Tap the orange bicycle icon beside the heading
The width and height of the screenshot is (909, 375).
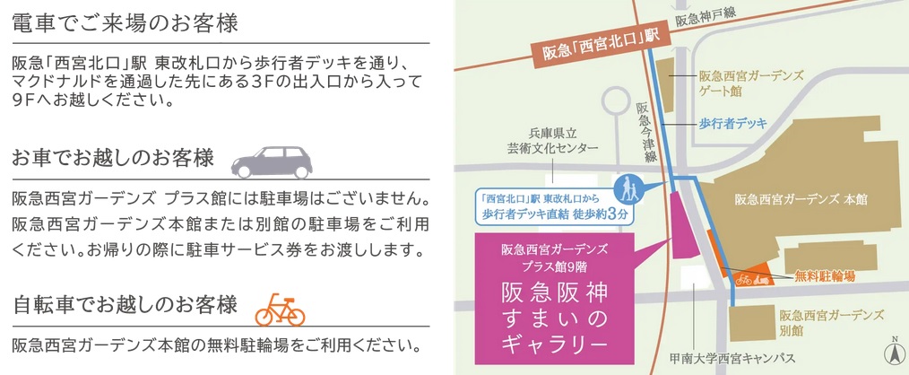click(279, 308)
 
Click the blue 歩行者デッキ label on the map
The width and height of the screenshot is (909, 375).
click(732, 124)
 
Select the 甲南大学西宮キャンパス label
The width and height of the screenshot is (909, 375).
click(732, 358)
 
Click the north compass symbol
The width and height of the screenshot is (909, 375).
click(893, 353)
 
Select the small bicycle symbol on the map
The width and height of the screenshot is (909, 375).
click(743, 279)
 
